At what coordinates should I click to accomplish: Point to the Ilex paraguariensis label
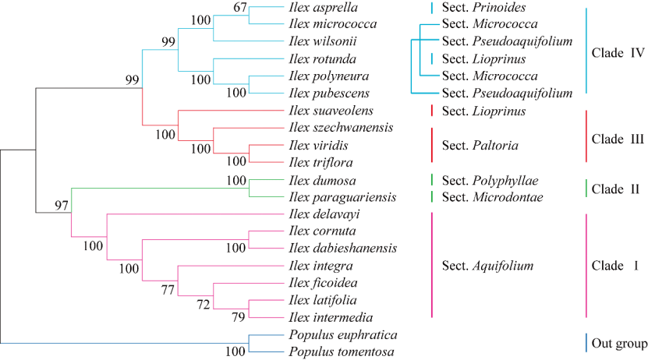[x=340, y=197]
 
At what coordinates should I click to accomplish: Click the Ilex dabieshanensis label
[x=343, y=249]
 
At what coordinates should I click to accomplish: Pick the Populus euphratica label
[x=342, y=335]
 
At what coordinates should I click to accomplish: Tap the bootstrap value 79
[x=238, y=317]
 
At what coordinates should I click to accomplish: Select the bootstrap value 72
[x=204, y=302]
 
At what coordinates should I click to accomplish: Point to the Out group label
[x=618, y=344]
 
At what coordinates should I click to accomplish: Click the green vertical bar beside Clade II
[x=586, y=189]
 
